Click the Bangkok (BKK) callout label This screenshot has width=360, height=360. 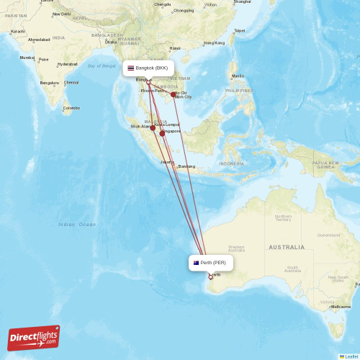tap(148, 68)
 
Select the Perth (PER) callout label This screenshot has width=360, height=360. tap(211, 263)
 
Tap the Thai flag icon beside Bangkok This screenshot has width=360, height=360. tap(131, 68)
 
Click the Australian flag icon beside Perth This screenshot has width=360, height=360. tap(196, 263)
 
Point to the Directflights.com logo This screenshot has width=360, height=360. tap(34, 336)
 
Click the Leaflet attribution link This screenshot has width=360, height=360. tap(350, 356)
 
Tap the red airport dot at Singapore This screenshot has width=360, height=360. tap(162, 133)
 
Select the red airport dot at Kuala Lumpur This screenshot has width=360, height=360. tap(153, 128)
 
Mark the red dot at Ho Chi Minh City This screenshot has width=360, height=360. tap(174, 94)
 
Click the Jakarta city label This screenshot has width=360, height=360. tap(167, 162)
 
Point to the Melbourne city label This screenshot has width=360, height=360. tap(341, 307)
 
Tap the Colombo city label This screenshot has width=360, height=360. tap(71, 108)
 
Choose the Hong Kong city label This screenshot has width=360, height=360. tap(214, 43)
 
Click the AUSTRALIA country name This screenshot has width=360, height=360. tap(286, 247)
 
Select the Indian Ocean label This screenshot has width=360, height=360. tap(77, 224)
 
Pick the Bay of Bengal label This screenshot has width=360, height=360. tap(102, 66)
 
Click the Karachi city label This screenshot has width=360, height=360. tap(18, 32)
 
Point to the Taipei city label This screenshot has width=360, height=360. tap(239, 30)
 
